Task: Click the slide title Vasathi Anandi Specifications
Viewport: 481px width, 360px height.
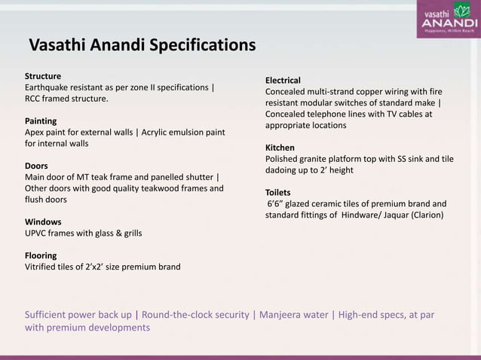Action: point(142,46)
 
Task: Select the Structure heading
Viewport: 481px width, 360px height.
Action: point(44,76)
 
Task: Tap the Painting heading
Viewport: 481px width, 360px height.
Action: point(41,121)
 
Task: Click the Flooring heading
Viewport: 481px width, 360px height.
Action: point(44,255)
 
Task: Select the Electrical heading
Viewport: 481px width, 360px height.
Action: point(283,81)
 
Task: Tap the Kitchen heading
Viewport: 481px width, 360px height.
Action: point(280,148)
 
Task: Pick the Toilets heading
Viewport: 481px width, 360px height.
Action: point(279,192)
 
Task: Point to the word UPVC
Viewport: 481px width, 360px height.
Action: point(38,233)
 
